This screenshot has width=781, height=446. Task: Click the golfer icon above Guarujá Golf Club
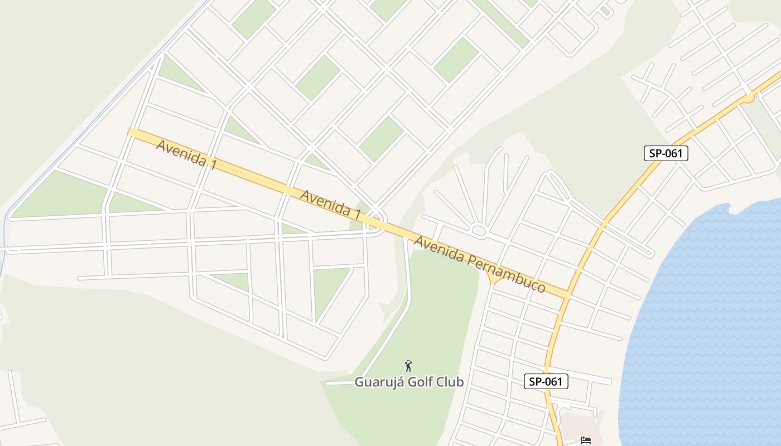[x=408, y=366]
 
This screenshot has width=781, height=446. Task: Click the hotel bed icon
[x=585, y=440]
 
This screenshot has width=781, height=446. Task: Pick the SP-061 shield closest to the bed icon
[x=546, y=381]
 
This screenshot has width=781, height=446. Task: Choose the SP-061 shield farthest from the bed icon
[x=666, y=153]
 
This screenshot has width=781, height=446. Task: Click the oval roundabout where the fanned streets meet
[x=479, y=230]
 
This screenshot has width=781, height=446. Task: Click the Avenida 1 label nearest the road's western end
[x=186, y=155]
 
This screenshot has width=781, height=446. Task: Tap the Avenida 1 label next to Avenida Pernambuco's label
[x=330, y=203]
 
